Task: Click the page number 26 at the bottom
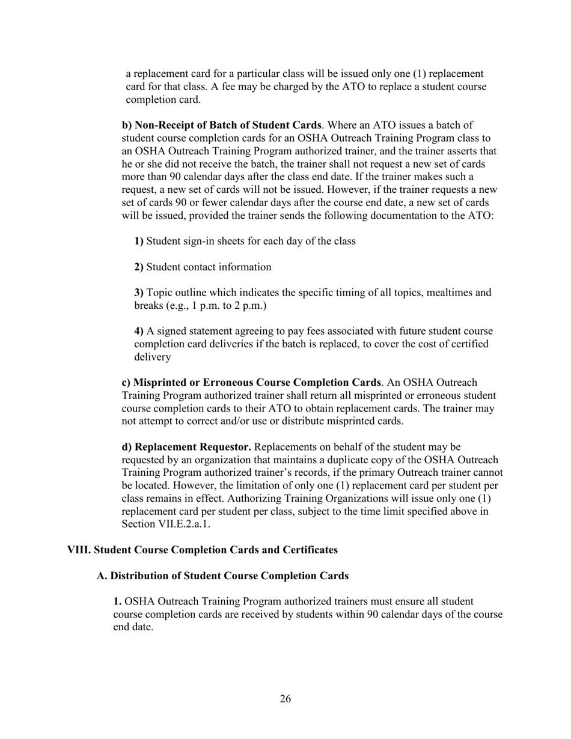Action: click(285, 699)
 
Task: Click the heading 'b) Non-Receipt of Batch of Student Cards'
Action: click(221, 125)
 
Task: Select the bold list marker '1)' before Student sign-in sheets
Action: click(139, 241)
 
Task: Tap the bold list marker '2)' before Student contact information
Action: click(139, 267)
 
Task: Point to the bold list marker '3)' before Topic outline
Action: click(139, 293)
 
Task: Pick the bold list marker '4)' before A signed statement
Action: click(139, 331)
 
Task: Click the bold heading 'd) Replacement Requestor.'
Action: click(186, 447)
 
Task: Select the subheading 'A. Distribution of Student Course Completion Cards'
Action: click(222, 576)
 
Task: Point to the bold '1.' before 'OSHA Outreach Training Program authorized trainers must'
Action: click(117, 601)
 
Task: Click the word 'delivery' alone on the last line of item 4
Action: click(152, 357)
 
